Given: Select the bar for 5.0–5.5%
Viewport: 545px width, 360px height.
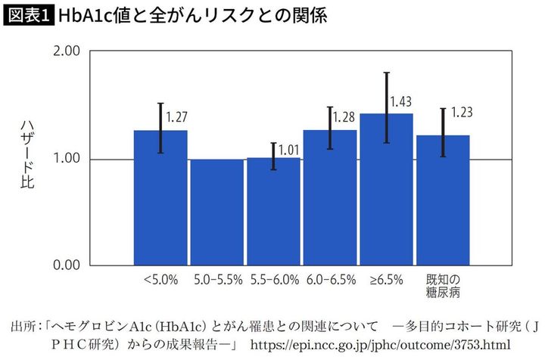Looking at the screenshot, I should coord(216,213).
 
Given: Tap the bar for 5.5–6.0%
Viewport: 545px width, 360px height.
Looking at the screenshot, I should coord(273,212).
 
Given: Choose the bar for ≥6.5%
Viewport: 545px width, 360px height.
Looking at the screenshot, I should coord(386,190).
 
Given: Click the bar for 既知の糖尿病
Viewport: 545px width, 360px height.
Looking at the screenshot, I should coord(443,200).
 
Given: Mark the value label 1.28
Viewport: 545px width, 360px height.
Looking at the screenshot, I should coord(345,118).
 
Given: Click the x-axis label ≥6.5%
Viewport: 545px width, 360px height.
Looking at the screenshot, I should coord(386,279).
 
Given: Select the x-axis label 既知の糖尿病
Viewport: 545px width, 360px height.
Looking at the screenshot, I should coord(443,285).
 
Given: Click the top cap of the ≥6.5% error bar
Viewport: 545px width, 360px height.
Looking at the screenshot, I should coord(387,73).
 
